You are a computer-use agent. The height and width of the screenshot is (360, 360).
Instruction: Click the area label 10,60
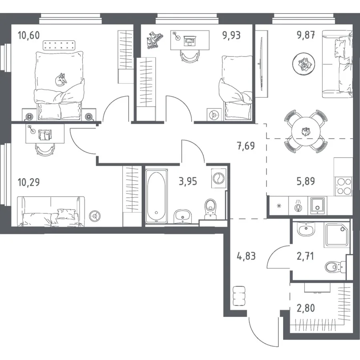[29, 35]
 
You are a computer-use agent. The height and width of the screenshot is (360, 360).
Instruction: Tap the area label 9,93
[231, 35]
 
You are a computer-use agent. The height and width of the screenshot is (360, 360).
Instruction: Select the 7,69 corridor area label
[246, 146]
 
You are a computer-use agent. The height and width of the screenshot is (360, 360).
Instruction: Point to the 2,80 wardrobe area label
[306, 308]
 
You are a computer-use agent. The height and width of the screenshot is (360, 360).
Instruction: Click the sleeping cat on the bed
[61, 80]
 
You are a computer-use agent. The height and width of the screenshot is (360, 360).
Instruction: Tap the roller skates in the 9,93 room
[154, 40]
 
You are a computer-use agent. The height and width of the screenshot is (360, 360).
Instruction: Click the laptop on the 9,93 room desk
[190, 40]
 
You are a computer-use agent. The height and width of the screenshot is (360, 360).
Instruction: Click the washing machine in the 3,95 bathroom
[218, 178]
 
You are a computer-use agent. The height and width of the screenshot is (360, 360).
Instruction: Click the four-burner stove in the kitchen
[343, 186]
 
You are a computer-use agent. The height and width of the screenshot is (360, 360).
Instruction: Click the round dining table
[306, 131]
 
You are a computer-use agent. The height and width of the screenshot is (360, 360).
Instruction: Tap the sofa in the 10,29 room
[51, 211]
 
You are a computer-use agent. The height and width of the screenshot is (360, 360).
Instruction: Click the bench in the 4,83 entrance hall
[239, 296]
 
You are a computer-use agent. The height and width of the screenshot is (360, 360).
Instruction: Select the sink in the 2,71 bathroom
[306, 229]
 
